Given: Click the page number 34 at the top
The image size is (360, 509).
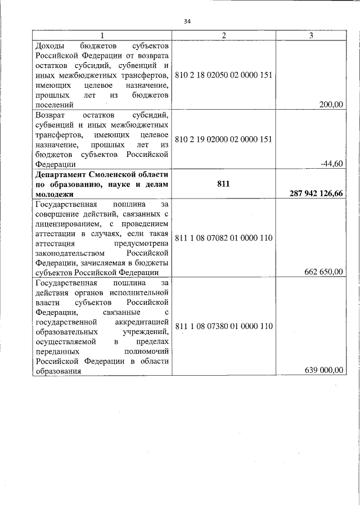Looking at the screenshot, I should (187, 21).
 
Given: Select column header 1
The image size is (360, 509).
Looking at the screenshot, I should (102, 35).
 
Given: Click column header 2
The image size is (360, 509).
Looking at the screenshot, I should (224, 35).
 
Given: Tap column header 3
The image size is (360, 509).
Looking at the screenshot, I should (311, 35).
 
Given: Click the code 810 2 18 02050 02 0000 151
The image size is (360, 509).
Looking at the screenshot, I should (224, 74).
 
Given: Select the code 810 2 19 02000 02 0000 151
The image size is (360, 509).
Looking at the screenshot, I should (224, 139).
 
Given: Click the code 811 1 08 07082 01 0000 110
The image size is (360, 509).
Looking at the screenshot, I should (224, 238).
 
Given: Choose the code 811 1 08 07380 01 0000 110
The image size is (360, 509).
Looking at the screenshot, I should (224, 326).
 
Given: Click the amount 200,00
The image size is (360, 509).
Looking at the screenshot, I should (331, 104).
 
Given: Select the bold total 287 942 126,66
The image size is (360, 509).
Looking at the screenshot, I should (316, 193).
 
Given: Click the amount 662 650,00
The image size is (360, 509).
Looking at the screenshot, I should (323, 272).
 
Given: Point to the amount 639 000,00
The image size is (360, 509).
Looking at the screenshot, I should (323, 370).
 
